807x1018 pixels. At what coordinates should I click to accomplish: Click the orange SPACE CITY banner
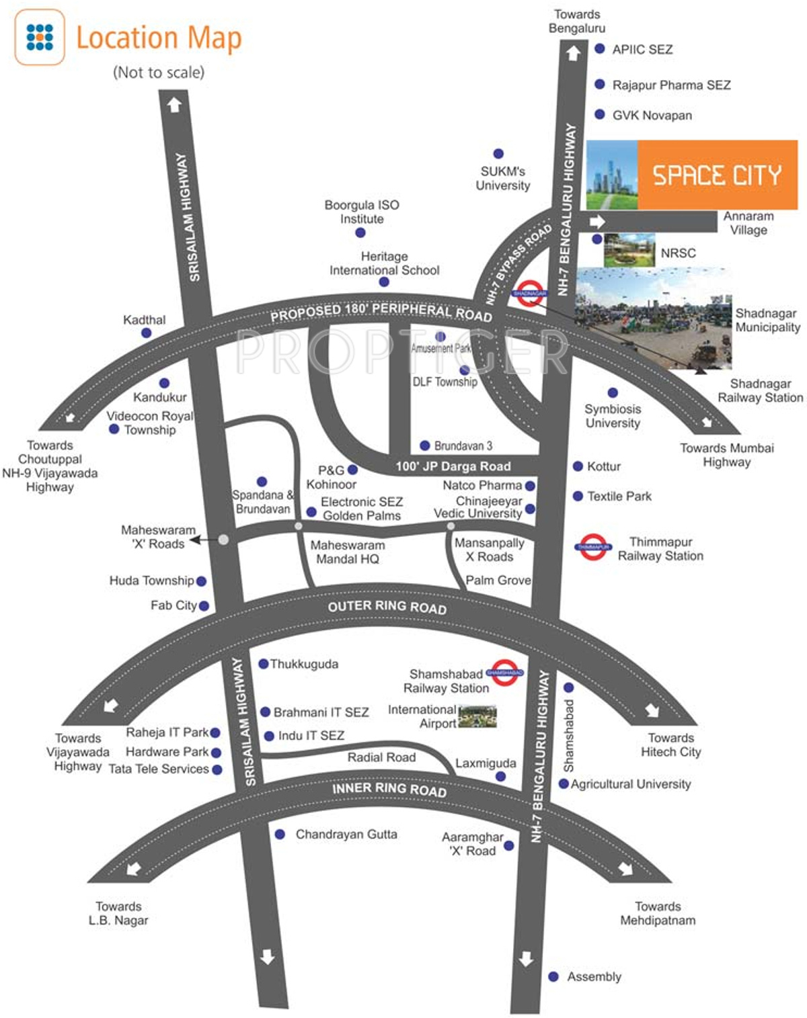(x=717, y=175)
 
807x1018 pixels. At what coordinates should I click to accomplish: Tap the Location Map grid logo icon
(x=40, y=37)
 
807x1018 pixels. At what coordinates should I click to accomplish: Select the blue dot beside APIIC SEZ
(x=600, y=48)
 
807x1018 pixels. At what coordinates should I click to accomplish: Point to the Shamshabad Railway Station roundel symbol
(x=504, y=672)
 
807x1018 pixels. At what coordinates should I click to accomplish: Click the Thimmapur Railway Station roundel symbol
(x=593, y=547)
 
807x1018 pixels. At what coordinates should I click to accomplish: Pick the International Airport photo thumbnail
(x=477, y=716)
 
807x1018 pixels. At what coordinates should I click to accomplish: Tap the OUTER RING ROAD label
(x=387, y=607)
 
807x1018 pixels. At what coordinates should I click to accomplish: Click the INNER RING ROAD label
(x=389, y=790)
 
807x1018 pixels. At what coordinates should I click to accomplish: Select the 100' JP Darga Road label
(x=453, y=466)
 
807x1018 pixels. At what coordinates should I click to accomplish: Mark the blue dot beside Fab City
(x=204, y=606)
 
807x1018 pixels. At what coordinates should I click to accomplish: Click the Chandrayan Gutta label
(x=346, y=835)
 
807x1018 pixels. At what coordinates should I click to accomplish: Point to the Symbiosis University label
(x=613, y=416)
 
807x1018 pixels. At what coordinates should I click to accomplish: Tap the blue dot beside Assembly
(x=553, y=976)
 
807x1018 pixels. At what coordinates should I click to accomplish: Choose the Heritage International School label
(x=384, y=263)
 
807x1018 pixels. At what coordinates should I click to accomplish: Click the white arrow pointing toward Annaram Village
(x=597, y=222)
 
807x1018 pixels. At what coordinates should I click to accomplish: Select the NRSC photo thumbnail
(x=629, y=251)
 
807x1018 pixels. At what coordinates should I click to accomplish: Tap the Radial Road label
(x=381, y=757)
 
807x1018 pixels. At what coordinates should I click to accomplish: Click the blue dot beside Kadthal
(x=147, y=333)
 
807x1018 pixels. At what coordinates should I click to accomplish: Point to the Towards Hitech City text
(x=670, y=745)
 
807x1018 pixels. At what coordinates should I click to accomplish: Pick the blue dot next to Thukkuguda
(x=264, y=664)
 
